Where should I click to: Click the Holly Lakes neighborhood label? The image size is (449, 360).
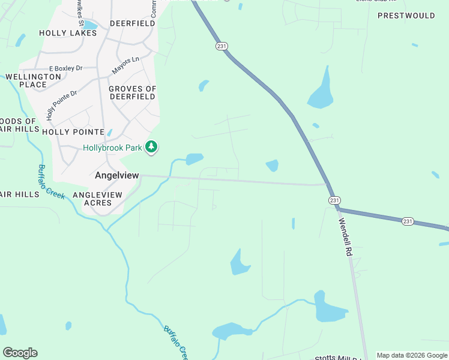(x=68, y=33)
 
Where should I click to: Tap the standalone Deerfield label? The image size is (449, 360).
(x=132, y=23)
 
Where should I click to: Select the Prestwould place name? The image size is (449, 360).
(x=406, y=16)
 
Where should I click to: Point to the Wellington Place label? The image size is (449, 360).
(x=33, y=80)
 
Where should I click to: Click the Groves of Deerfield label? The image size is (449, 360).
(x=132, y=92)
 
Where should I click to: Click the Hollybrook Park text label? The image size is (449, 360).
(x=113, y=148)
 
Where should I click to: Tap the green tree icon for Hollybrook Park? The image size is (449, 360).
(x=152, y=146)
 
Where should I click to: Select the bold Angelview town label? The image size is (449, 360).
(x=117, y=175)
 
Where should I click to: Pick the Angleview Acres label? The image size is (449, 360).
(x=97, y=199)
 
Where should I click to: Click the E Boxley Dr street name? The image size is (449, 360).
(x=65, y=68)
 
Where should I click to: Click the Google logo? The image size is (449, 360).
(x=20, y=353)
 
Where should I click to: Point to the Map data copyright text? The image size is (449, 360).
(x=412, y=355)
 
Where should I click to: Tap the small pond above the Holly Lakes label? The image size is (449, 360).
(x=90, y=25)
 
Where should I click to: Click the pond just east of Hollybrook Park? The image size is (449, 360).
(x=194, y=159)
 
